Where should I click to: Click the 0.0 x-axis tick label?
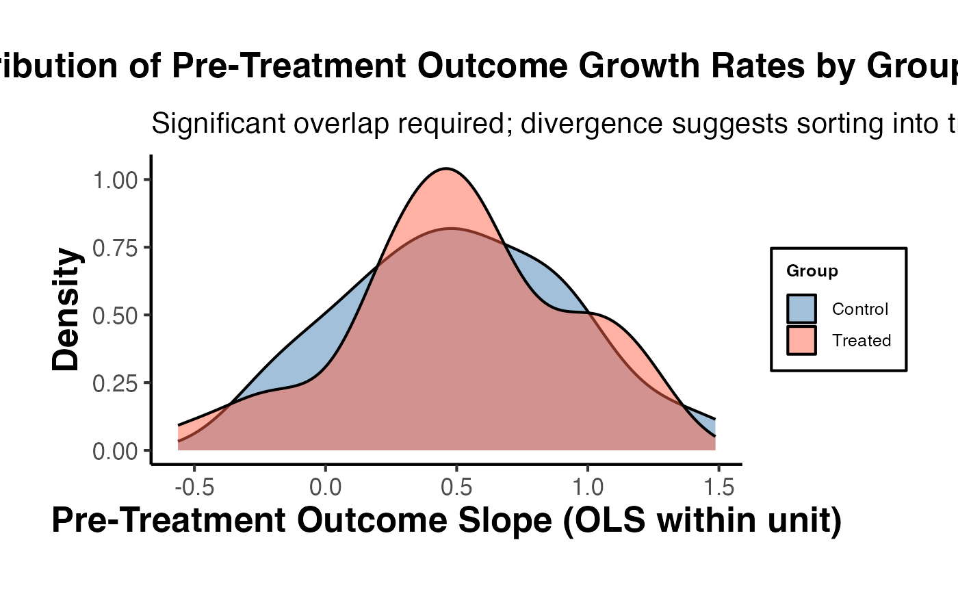(x=325, y=488)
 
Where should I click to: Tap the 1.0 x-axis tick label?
(x=588, y=488)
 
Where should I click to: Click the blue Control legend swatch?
(x=801, y=309)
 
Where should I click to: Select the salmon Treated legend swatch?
(x=801, y=340)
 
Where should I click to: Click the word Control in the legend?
(x=860, y=309)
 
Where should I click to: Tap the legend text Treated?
(x=862, y=340)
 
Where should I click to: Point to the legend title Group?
(x=812, y=271)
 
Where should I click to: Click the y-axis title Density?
(x=67, y=309)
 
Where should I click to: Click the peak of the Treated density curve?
(x=446, y=168)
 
